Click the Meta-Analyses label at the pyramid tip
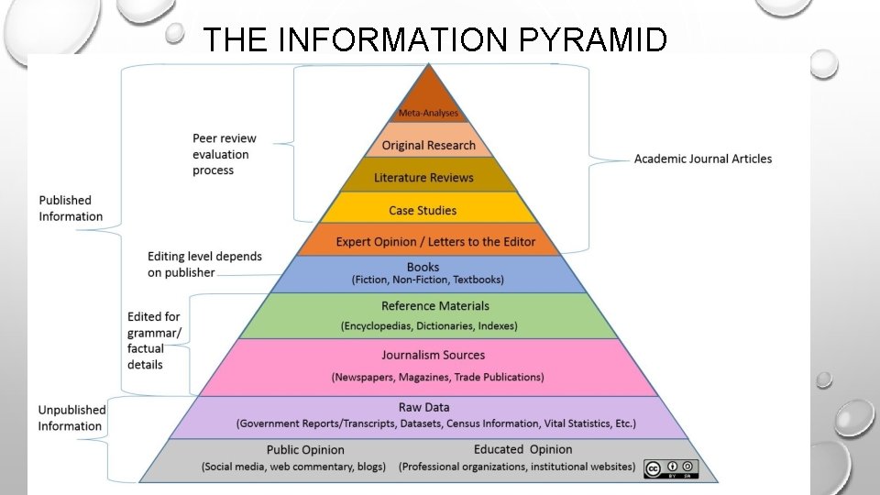coord(428,113)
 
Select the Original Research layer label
coord(428,145)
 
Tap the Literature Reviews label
coord(423,177)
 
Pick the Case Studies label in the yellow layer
coord(423,210)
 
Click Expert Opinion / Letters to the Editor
coord(435,242)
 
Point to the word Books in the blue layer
coord(423,267)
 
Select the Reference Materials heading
coord(435,306)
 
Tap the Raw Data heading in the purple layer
coord(423,407)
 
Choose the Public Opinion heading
coord(305,450)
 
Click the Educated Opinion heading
coord(522,449)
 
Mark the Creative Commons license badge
coord(671,468)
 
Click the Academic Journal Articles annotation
coord(703,159)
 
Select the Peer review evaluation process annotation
coord(225,154)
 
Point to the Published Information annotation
coord(70,208)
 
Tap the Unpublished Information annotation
coord(71,418)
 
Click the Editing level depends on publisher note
coord(204,264)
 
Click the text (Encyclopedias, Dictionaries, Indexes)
coord(429,325)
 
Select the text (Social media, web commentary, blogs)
coord(293,467)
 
